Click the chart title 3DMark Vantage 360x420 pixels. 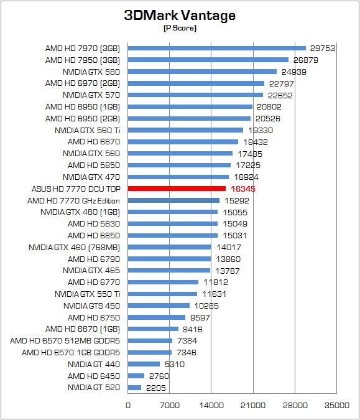pos(180,16)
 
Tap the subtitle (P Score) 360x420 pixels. pos(180,28)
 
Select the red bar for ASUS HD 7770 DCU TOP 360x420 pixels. pos(177,189)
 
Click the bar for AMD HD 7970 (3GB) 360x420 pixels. pos(217,48)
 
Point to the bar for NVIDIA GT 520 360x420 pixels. pos(134,388)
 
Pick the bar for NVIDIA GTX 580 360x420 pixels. pos(202,72)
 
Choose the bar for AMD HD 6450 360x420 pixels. pos(136,376)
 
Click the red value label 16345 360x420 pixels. pos(243,189)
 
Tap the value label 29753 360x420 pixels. pos(323,48)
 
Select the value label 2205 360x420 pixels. pos(156,388)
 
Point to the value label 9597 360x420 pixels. pos(200,317)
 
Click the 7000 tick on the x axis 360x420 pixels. pos(169,405)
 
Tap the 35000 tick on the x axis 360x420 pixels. pos(337,405)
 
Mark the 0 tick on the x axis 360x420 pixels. pos(128,405)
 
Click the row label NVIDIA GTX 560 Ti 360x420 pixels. pos(87,131)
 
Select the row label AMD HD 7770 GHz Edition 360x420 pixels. pos(73,200)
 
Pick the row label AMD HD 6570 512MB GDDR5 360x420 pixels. pos(65,341)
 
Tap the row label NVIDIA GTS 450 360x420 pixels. pos(91,306)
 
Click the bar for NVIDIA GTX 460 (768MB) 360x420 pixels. pos(169,247)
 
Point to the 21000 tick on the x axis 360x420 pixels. pos(253,405)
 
